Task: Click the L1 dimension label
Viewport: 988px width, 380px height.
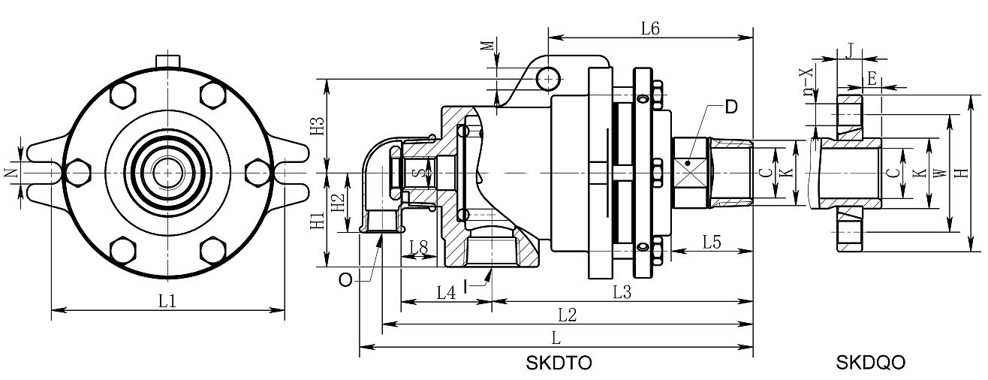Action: tap(167, 300)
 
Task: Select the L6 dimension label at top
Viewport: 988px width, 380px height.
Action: tap(649, 29)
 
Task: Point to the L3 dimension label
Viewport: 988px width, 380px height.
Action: tap(621, 292)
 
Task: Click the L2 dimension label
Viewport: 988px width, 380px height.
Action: tap(567, 315)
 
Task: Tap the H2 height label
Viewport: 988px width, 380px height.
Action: tap(339, 202)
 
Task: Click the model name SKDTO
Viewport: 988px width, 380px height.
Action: tap(559, 363)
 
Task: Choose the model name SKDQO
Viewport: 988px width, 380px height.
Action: tap(870, 363)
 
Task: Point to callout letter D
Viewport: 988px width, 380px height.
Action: tap(730, 106)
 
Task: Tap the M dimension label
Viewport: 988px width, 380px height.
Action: tap(489, 46)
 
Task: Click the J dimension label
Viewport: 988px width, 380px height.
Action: tap(849, 50)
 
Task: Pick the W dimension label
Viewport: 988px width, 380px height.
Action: tap(938, 173)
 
